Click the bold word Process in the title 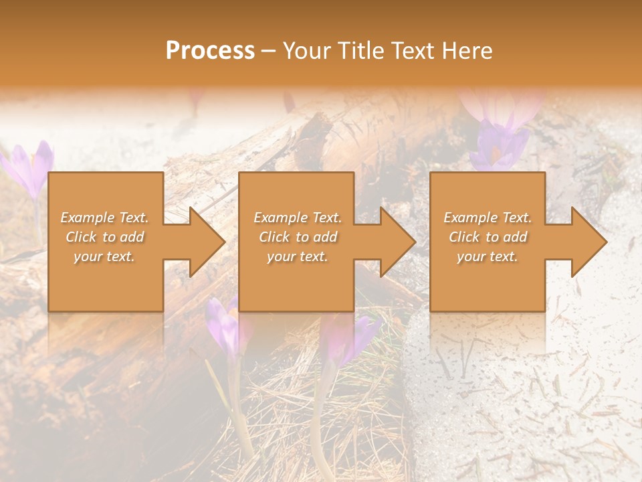pos(210,51)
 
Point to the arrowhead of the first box pos(204,242)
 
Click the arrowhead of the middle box pos(395,242)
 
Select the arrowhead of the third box pos(586,242)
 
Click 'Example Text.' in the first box pos(104,218)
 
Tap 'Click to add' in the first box pos(104,237)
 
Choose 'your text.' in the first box pos(104,256)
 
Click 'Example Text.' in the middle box pos(298,218)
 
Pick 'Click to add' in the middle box pos(298,237)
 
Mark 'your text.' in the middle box pos(298,256)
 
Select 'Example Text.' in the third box pos(488,218)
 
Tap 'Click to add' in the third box pos(488,237)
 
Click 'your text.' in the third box pos(488,256)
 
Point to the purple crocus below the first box pos(224,328)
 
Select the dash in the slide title pos(268,52)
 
